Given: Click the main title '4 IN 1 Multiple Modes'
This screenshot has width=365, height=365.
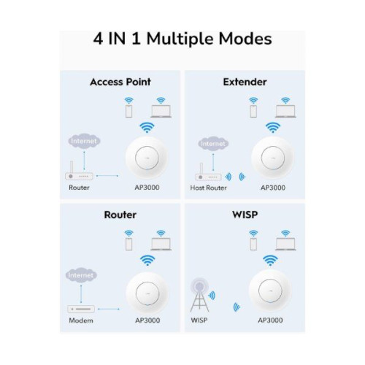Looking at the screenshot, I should (182, 39).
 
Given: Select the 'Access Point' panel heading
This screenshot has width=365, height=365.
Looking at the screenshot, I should (121, 82).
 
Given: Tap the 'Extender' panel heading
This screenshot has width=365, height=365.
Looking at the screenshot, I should (245, 82).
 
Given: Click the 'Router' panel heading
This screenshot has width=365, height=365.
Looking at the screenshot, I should (121, 216).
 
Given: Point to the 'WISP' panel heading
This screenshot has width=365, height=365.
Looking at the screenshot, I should (245, 216).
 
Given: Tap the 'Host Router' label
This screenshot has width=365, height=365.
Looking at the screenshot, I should (210, 188).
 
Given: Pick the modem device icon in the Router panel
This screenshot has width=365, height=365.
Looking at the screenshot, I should (81, 308).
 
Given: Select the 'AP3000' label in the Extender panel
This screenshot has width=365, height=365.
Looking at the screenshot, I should (272, 188).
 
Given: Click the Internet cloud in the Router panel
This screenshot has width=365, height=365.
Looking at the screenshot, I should (81, 275).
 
